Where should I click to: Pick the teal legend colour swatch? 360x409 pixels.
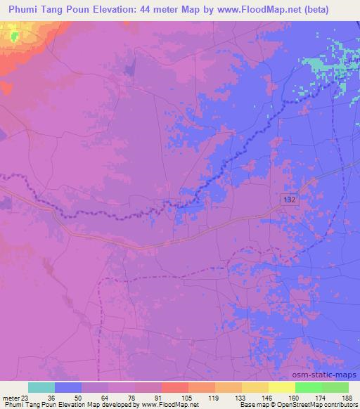point(41,387)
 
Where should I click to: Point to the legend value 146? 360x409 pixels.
point(268,398)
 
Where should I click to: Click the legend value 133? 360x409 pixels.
point(240,398)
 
